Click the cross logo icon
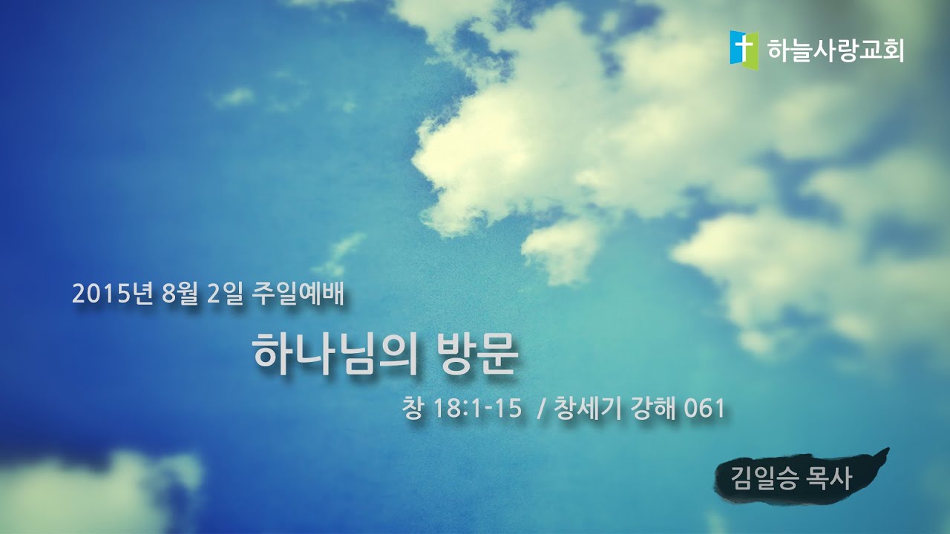tap(744, 50)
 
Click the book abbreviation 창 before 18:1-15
tap(410, 408)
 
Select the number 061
tap(704, 408)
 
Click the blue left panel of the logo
tap(738, 49)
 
